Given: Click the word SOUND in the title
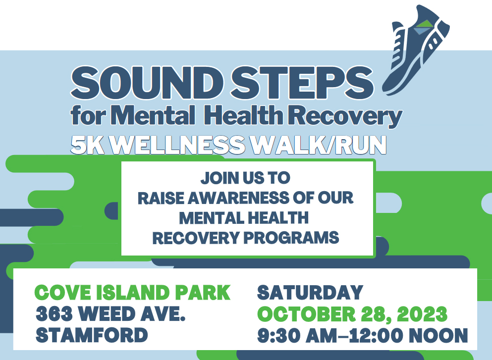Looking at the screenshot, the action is pyautogui.click(x=147, y=83).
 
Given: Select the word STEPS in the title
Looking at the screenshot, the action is pyautogui.click(x=302, y=83).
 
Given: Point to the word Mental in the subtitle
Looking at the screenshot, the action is pyautogui.click(x=153, y=115).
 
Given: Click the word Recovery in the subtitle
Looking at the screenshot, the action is pyautogui.click(x=345, y=117).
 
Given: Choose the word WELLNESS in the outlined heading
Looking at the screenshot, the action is pyautogui.click(x=177, y=145).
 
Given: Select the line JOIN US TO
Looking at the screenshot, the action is pyautogui.click(x=245, y=178).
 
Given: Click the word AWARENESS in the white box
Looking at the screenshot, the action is pyautogui.click(x=239, y=198).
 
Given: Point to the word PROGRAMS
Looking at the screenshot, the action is pyautogui.click(x=291, y=238).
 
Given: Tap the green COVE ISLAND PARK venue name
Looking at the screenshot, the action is pyautogui.click(x=132, y=293).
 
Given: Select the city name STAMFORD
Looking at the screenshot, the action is pyautogui.click(x=92, y=335).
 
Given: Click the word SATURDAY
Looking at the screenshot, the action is pyautogui.click(x=310, y=293).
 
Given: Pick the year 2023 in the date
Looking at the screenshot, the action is pyautogui.click(x=422, y=314).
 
